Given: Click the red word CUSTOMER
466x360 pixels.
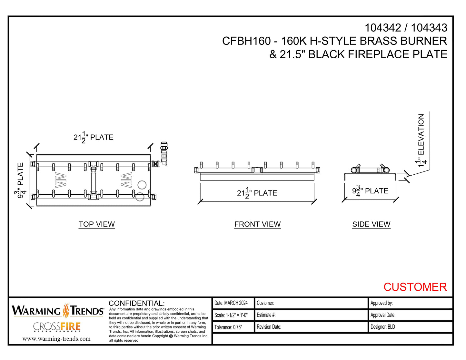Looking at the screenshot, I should point(415,287).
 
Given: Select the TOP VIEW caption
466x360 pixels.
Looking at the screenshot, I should point(97,224).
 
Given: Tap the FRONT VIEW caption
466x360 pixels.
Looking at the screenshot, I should point(257,224).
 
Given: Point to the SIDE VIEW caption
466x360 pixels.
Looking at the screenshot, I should point(371,224).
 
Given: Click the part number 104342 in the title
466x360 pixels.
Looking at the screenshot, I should point(382,28).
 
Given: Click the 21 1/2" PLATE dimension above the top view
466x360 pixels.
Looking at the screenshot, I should point(93,137).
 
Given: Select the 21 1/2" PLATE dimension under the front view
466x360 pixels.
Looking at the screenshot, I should point(257,193).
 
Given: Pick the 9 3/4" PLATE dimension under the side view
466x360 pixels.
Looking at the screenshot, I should point(370,191).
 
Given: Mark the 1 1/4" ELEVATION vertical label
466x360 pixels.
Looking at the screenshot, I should point(421,140).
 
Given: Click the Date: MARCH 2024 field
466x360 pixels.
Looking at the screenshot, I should point(231,303).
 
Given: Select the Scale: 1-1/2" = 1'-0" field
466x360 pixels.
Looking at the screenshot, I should point(231,315).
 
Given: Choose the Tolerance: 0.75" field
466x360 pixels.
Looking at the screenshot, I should point(228,327).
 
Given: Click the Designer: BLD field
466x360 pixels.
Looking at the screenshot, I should point(383,327).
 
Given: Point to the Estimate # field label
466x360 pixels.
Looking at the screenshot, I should point(266,315).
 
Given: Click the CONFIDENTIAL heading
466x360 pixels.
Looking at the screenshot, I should point(136,303).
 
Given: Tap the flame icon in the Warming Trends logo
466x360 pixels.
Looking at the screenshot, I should point(66,310).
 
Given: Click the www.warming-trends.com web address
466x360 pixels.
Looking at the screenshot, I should point(56,339).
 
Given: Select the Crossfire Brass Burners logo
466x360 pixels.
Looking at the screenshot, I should point(57,327).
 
